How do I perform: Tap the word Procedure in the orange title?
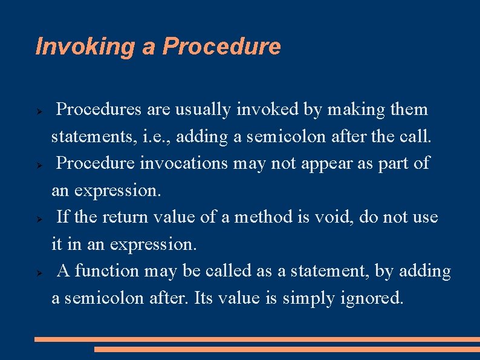222,47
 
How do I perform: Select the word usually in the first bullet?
203,110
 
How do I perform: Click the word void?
334,217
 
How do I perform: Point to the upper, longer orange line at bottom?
257,339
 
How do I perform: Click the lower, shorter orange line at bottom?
287,349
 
